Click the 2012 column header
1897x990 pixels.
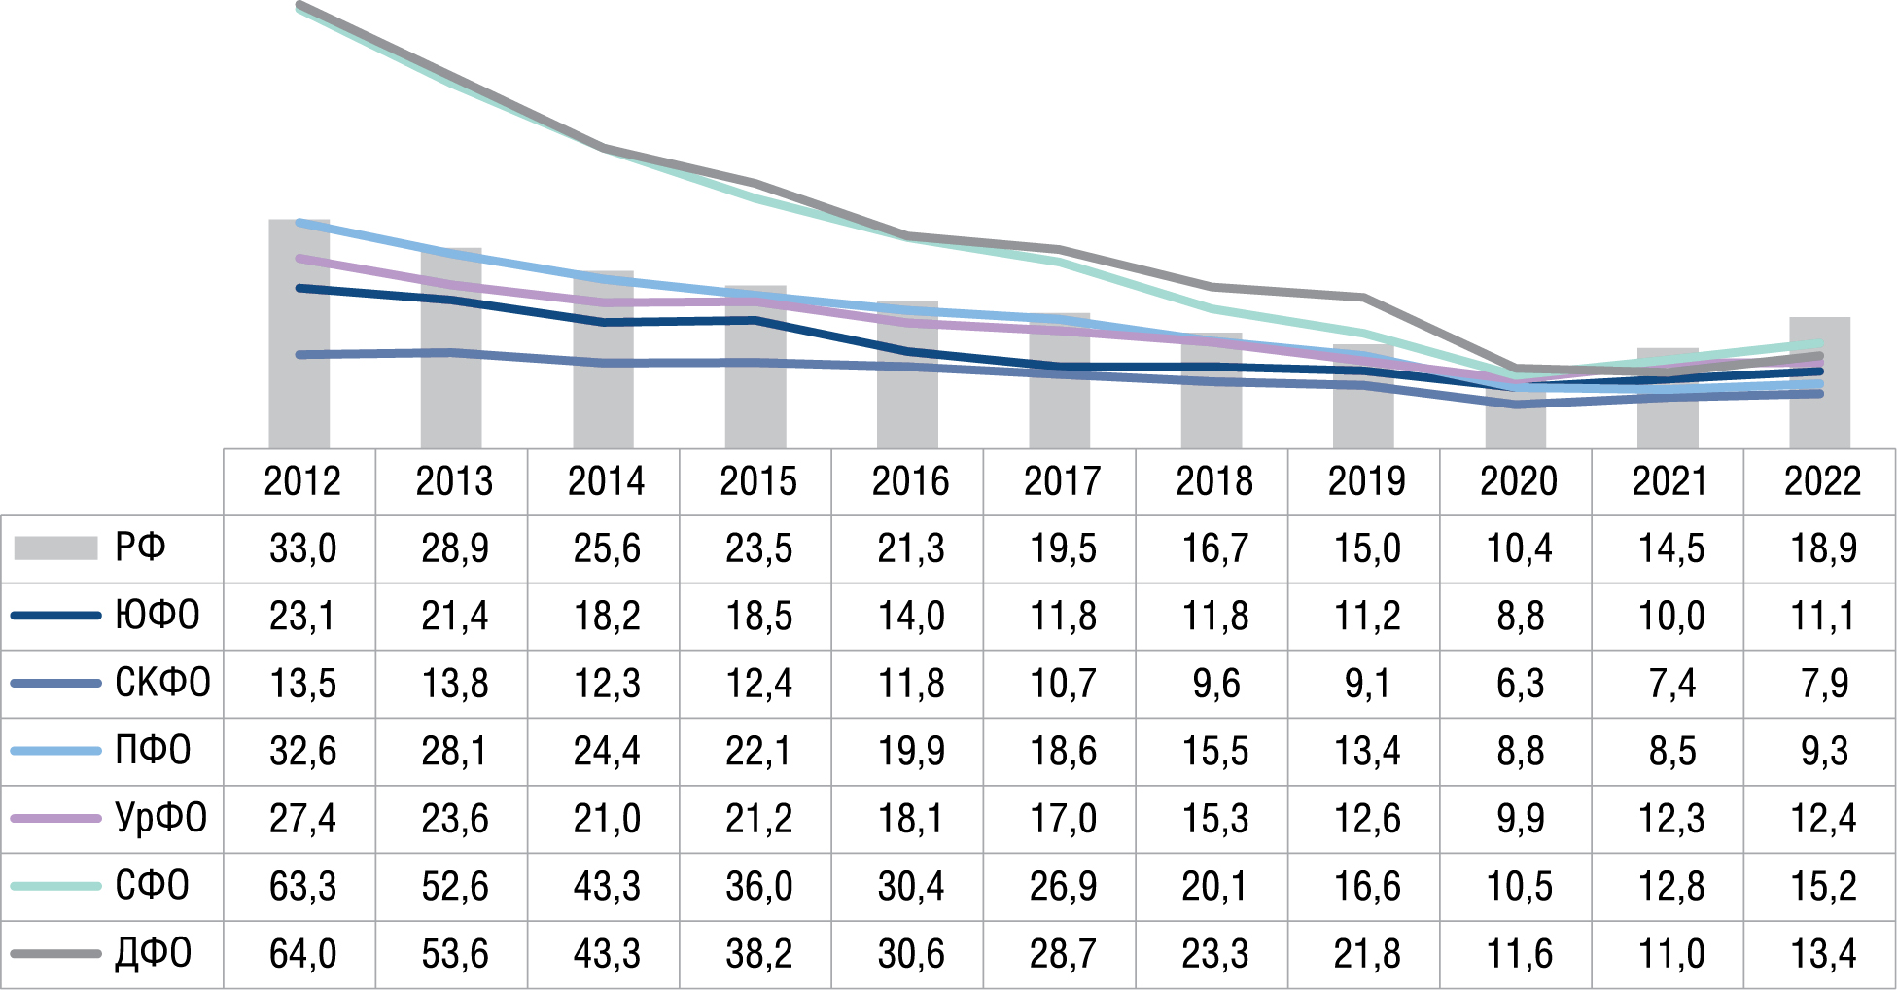pyautogui.click(x=302, y=481)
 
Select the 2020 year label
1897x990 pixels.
pyautogui.click(x=1519, y=481)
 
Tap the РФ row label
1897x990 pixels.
pyautogui.click(x=140, y=548)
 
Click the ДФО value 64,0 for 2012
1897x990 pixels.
pyautogui.click(x=302, y=954)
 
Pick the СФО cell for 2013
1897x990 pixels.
pyautogui.click(x=455, y=886)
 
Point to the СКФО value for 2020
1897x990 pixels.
pyautogui.click(x=1519, y=684)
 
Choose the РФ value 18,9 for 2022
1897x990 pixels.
pyautogui.click(x=1823, y=548)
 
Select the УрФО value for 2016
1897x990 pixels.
pyautogui.click(x=911, y=819)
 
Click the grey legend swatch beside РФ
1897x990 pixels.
pyautogui.click(x=55, y=548)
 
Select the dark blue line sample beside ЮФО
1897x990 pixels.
pyautogui.click(x=55, y=616)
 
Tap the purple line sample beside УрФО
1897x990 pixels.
pyautogui.click(x=55, y=819)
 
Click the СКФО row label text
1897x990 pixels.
pyautogui.click(x=162, y=684)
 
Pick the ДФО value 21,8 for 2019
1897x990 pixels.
pyautogui.click(x=1367, y=954)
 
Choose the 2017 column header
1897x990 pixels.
pyautogui.click(x=1063, y=481)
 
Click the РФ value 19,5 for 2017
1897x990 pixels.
pyautogui.click(x=1063, y=548)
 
